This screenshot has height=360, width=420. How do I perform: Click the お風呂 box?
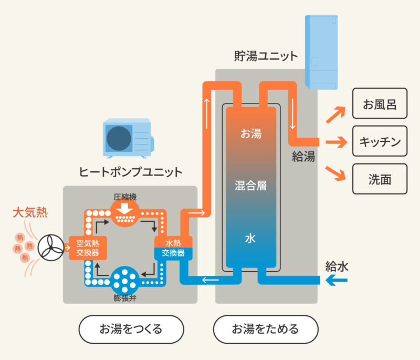[x=380, y=103]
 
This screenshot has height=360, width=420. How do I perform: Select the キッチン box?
[x=380, y=141]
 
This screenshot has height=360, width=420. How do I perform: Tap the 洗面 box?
[x=380, y=179]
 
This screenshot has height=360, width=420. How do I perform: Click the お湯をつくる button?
[x=131, y=330]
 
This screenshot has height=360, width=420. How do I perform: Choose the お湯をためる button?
[x=266, y=330]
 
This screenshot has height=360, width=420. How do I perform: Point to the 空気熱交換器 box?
[x=88, y=248]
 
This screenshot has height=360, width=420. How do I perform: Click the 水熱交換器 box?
[x=173, y=248]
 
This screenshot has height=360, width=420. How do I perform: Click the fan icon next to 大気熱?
[x=51, y=247]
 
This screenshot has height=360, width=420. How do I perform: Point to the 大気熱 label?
[x=30, y=213]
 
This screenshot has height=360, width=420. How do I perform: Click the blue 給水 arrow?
[x=337, y=281]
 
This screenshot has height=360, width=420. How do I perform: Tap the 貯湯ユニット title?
[x=266, y=56]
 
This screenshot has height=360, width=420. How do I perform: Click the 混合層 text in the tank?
[x=250, y=186]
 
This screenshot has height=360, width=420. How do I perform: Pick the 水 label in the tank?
[x=250, y=238]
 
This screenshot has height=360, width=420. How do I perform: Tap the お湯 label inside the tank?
[x=250, y=133]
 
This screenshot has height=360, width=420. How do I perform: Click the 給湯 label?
[x=303, y=156]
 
